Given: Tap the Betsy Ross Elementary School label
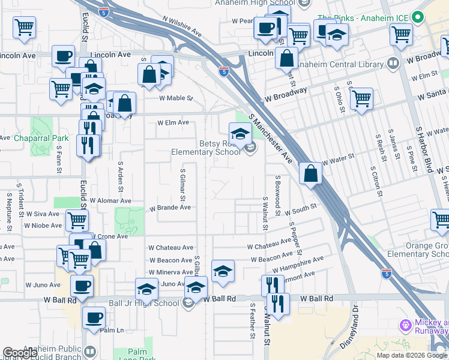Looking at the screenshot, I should pos(220,148).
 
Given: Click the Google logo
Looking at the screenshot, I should pos(20,353).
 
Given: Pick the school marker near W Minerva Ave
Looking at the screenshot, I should pos(223,271).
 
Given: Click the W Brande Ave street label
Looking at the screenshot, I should pos(170,208).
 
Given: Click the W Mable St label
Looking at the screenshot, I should pos(176,98).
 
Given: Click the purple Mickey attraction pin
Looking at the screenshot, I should pos(405,325).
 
